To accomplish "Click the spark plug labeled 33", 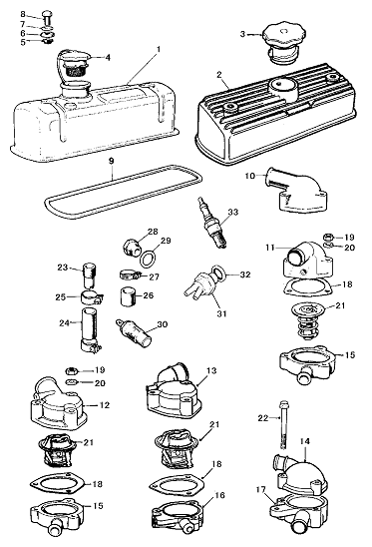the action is [212, 223].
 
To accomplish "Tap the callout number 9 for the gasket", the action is [112, 161].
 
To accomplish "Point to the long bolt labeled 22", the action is [282, 424].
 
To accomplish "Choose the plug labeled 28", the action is [132, 248].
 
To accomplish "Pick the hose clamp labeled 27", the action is [130, 275].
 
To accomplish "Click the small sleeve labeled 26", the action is [128, 296].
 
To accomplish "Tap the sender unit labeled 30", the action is [134, 331].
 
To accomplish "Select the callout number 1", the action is [159, 50].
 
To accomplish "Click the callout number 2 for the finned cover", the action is [219, 75].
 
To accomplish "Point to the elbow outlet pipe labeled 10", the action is [297, 190].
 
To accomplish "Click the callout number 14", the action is [304, 441].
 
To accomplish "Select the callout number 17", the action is [260, 490].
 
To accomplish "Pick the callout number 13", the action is [211, 370].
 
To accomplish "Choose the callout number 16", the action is [220, 495].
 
